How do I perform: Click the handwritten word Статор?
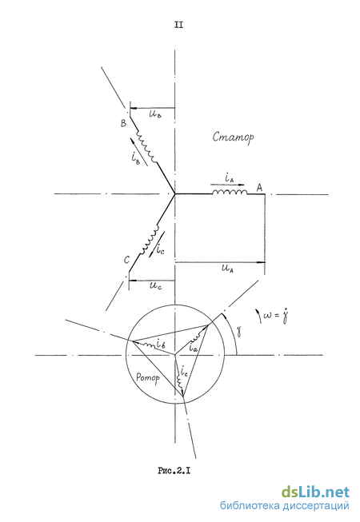pos(233,137)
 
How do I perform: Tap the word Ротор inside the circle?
pos(148,377)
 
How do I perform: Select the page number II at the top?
pos(178,25)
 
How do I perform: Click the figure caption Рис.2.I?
pos(174,470)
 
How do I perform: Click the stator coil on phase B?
pos(146,147)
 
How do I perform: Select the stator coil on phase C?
pos(150,241)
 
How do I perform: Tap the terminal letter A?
pos(259,187)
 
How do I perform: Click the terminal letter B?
pos(123,123)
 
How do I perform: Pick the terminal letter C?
pos(126,260)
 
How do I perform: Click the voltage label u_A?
pos(227,269)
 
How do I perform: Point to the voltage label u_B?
pos(155,115)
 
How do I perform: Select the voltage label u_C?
pos(155,285)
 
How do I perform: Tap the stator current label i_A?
pos(229,179)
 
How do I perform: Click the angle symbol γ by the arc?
pos(238,331)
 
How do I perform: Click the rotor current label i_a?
pos(193,348)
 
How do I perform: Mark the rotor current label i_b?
pos(161,344)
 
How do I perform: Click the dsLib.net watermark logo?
pos(315,492)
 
